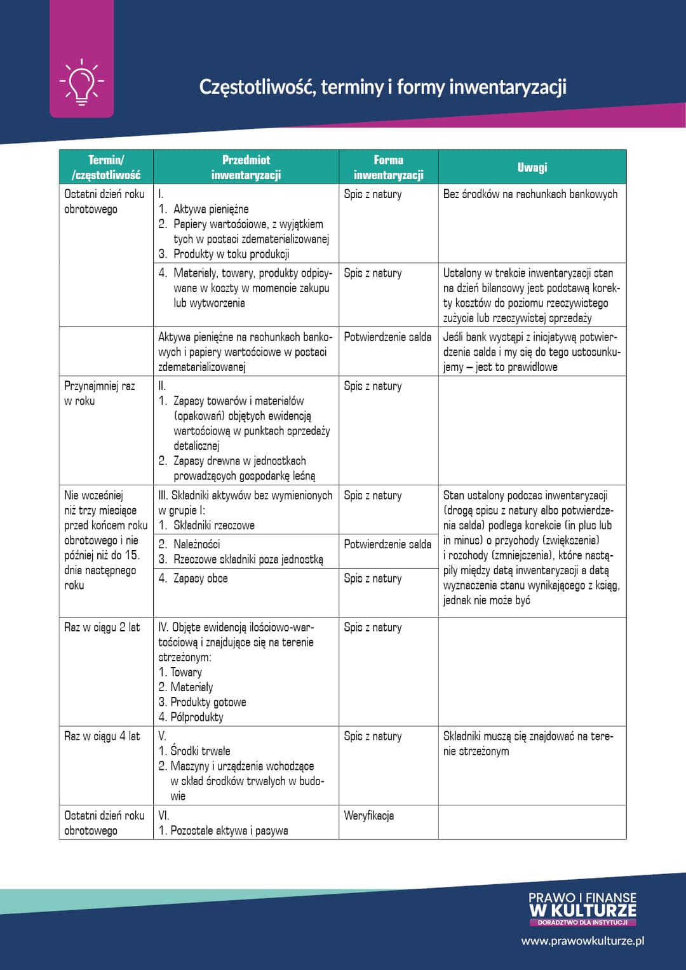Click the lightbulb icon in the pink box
pyautogui.click(x=82, y=82)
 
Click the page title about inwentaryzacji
pyautogui.click(x=382, y=87)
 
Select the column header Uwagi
pyautogui.click(x=532, y=167)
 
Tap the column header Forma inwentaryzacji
pyautogui.click(x=388, y=167)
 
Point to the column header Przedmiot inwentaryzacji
pyautogui.click(x=246, y=167)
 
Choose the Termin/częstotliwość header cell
pyautogui.click(x=106, y=167)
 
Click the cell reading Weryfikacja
pyautogui.click(x=369, y=816)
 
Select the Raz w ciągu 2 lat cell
pyautogui.click(x=102, y=628)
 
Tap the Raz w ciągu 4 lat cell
pyautogui.click(x=102, y=737)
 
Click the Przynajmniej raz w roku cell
pyautogui.click(x=100, y=393)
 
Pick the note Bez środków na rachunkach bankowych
pyautogui.click(x=530, y=194)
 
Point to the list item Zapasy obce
pyautogui.click(x=200, y=579)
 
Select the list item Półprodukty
pyautogui.click(x=196, y=717)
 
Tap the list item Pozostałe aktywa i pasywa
pyautogui.click(x=229, y=831)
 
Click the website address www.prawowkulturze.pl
pyautogui.click(x=582, y=941)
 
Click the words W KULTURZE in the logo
pyautogui.click(x=582, y=910)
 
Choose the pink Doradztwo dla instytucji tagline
pyautogui.click(x=582, y=922)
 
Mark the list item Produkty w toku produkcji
pyautogui.click(x=231, y=254)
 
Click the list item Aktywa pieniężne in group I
pyautogui.click(x=211, y=210)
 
